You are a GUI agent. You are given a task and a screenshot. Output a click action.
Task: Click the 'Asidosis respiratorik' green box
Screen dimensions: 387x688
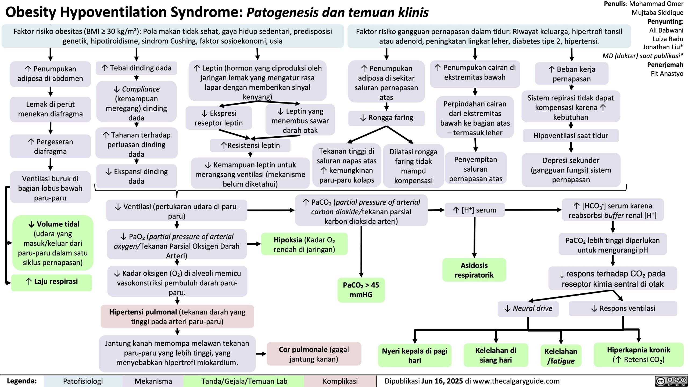(474, 270)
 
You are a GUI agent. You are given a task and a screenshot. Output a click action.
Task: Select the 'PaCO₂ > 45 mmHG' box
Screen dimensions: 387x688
(361, 290)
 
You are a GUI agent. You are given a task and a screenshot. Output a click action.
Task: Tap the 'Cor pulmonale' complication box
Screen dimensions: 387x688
(314, 354)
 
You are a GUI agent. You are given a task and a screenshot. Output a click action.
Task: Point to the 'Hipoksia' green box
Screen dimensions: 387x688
(304, 244)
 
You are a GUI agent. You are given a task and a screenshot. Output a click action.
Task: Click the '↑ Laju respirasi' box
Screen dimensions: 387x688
(52, 282)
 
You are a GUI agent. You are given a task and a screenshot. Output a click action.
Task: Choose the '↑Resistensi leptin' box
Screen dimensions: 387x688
(250, 145)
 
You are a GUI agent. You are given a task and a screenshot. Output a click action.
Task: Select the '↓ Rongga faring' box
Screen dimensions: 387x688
(386, 118)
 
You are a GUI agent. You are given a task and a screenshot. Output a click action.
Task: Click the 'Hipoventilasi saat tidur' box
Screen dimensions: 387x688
(571, 136)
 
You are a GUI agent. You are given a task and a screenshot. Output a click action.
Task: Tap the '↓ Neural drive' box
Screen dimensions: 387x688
(528, 308)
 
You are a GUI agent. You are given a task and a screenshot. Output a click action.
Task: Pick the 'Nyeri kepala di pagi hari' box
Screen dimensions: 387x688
(414, 355)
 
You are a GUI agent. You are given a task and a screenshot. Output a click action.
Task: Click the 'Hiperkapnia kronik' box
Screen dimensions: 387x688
(638, 354)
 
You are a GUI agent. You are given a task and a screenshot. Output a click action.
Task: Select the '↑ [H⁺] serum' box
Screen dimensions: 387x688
(475, 210)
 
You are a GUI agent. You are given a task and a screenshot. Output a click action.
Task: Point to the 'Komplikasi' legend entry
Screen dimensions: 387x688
(340, 381)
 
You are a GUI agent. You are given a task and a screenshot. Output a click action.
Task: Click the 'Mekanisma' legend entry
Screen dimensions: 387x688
(153, 381)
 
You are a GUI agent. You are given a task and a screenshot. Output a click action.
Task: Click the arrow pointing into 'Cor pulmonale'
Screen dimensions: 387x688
(261, 354)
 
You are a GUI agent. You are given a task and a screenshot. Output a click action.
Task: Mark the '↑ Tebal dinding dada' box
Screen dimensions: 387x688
(137, 68)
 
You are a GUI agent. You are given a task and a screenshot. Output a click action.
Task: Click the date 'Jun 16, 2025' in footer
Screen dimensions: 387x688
(442, 381)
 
